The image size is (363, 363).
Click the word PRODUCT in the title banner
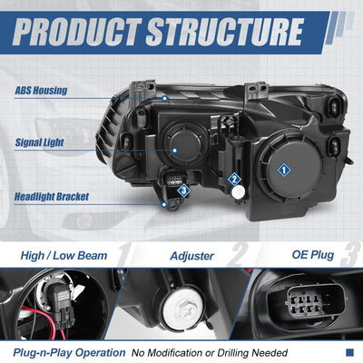click(x=77, y=32)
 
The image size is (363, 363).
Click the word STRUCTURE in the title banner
click(x=225, y=32)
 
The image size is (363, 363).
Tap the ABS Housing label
click(x=41, y=91)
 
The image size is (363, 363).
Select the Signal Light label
click(x=39, y=142)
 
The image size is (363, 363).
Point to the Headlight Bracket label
click(x=52, y=197)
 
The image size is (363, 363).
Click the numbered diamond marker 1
click(x=284, y=170)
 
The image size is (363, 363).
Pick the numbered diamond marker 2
click(x=234, y=180)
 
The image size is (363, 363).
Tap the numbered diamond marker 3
click(x=184, y=191)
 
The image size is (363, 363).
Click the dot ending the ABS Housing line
click(x=165, y=98)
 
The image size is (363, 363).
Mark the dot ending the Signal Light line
click(x=174, y=150)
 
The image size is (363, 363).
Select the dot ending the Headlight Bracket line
click(x=164, y=204)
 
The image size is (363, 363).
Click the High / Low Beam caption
click(x=64, y=256)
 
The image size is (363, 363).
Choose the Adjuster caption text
click(x=192, y=256)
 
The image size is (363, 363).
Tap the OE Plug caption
click(x=313, y=255)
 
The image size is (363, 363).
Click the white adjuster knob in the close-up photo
click(x=182, y=309)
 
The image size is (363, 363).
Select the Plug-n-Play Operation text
click(x=69, y=353)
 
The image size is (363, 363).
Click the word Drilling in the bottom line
click(x=233, y=353)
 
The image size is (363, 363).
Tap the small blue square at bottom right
click(x=349, y=352)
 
